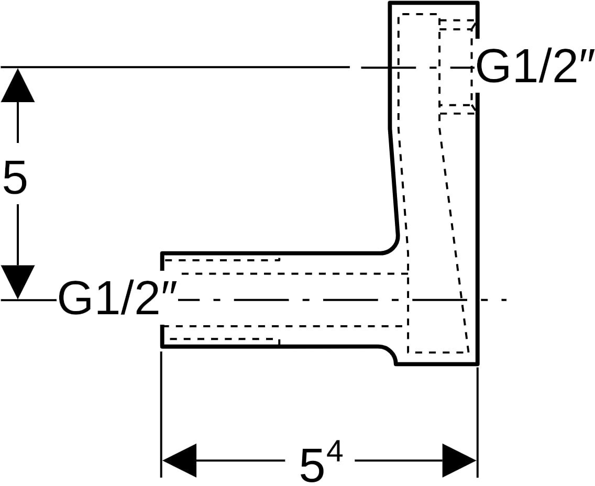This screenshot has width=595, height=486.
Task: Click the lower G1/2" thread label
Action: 118,300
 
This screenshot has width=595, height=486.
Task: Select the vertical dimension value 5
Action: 15,176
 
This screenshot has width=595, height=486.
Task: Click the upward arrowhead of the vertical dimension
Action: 18,85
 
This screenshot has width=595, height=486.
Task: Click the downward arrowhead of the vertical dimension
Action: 18,282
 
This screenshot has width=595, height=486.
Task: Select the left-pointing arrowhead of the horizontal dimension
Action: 179,460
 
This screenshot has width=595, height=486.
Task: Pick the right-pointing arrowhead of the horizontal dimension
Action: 459,460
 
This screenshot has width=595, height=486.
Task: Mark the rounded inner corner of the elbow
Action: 393,247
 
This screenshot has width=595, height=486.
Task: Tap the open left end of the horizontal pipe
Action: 162,300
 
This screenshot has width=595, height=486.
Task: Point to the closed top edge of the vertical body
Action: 433,3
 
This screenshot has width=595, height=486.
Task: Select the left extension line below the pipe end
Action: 162,414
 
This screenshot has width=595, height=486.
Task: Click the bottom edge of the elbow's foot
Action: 437,364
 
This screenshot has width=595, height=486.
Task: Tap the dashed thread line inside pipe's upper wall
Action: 222,260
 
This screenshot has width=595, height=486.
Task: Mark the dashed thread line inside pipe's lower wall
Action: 222,339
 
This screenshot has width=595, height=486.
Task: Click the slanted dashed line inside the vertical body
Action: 454,234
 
